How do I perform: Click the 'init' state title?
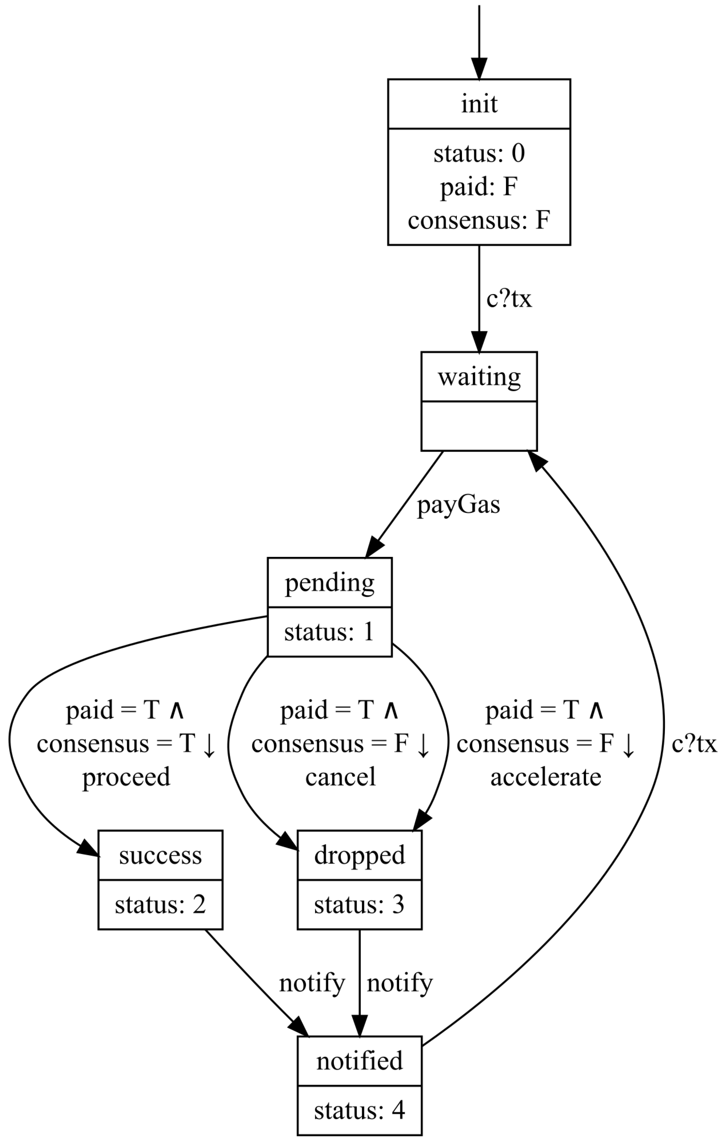point(479,104)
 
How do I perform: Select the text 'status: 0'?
point(479,153)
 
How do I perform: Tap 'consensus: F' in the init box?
point(479,220)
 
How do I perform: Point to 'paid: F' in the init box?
point(479,186)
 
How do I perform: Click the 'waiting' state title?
point(479,377)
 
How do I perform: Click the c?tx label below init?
point(509,298)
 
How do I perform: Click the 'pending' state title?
point(329,583)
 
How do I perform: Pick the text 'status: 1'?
point(329,632)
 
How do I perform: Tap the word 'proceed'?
point(126,777)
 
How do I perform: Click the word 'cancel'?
point(341,777)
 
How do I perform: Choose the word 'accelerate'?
point(545,777)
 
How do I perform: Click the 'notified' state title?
point(360,1060)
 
